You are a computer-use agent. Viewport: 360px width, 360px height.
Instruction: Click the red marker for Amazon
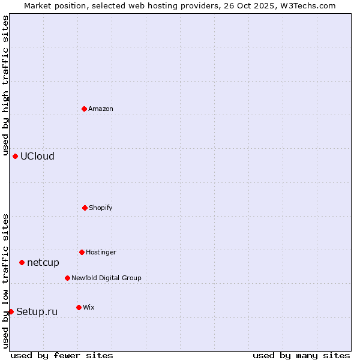(84, 109)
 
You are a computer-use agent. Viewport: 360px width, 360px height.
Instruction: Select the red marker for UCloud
(15, 156)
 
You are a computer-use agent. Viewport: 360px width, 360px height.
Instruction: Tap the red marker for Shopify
(85, 208)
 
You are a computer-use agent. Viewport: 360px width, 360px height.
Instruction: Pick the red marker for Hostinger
(82, 252)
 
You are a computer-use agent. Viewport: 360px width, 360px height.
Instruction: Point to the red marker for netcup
(22, 262)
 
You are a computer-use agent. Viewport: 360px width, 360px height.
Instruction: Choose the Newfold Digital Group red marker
(67, 278)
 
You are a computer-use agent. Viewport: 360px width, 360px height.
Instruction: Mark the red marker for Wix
(79, 307)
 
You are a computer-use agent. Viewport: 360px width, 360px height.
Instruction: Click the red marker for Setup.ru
(11, 311)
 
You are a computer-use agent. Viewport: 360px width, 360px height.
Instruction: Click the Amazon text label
(101, 109)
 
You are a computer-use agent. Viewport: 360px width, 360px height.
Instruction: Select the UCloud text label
(37, 156)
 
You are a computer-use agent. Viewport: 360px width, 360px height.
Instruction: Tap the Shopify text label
(101, 208)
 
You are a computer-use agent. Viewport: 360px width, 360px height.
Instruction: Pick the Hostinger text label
(101, 252)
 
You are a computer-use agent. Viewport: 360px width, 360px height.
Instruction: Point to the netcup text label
(43, 262)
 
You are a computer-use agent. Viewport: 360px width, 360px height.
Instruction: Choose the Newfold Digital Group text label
(106, 278)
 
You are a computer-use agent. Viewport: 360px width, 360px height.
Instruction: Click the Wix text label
(89, 307)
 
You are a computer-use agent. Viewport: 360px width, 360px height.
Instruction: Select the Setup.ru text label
(37, 311)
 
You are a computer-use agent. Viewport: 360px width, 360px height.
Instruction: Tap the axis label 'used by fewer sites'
(62, 355)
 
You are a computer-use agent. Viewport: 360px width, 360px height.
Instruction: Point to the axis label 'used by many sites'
(301, 355)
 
